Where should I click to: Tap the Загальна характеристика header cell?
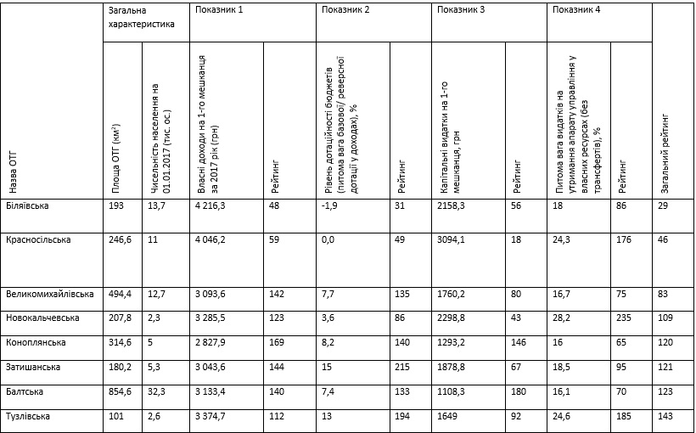(141, 17)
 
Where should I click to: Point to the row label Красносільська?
(38, 239)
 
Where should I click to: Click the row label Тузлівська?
(28, 416)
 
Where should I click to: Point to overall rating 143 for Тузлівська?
(665, 416)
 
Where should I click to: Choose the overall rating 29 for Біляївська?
(663, 207)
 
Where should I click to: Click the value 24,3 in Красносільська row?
(560, 239)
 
